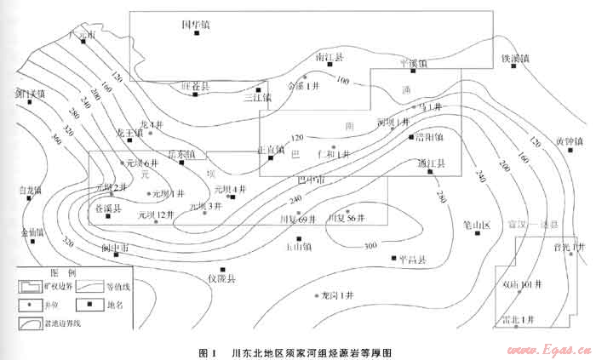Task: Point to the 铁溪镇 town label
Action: tap(514, 59)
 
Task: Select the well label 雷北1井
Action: tap(518, 318)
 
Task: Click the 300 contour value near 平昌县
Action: tap(370, 246)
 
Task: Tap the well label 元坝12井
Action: tap(156, 215)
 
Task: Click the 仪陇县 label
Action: tap(221, 278)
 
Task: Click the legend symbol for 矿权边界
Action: tap(31, 287)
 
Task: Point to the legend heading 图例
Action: tap(62, 273)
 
